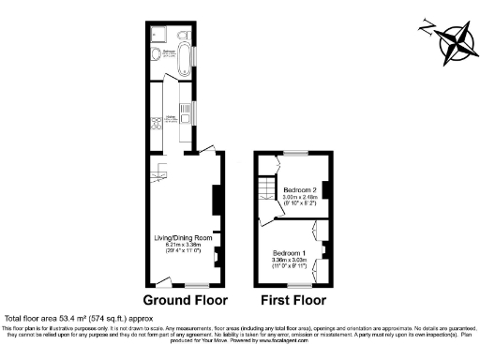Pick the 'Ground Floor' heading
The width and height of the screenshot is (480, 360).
pyautogui.click(x=184, y=301)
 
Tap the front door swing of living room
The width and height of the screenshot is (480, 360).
pyautogui.click(x=161, y=279)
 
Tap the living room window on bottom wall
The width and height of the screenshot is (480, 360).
pyautogui.click(x=196, y=285)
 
